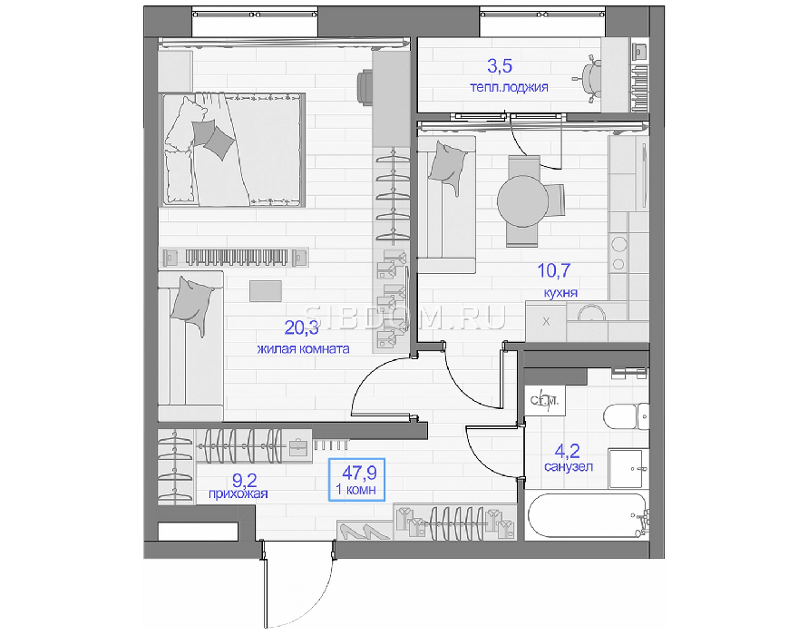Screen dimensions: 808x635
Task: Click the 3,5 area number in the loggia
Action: [500, 66]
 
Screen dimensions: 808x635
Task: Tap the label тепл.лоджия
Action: [509, 86]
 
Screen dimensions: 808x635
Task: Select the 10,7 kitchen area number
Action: [554, 270]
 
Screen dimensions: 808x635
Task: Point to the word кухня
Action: [560, 293]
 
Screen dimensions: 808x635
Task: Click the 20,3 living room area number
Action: [301, 327]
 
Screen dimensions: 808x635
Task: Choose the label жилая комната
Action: [303, 349]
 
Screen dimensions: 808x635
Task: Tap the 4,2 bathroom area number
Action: [567, 452]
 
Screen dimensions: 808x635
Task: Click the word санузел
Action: [569, 467]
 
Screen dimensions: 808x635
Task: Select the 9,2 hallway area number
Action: [244, 481]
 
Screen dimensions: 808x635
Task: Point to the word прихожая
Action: [239, 493]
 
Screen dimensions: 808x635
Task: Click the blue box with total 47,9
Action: [356, 479]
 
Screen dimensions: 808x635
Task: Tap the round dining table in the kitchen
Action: [522, 201]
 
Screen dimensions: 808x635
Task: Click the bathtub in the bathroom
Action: [587, 516]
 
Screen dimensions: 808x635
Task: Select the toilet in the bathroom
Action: [625, 417]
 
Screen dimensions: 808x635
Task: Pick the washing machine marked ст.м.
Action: [545, 400]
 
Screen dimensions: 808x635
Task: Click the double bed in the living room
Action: [234, 150]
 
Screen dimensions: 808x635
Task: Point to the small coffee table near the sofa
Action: [266, 291]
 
